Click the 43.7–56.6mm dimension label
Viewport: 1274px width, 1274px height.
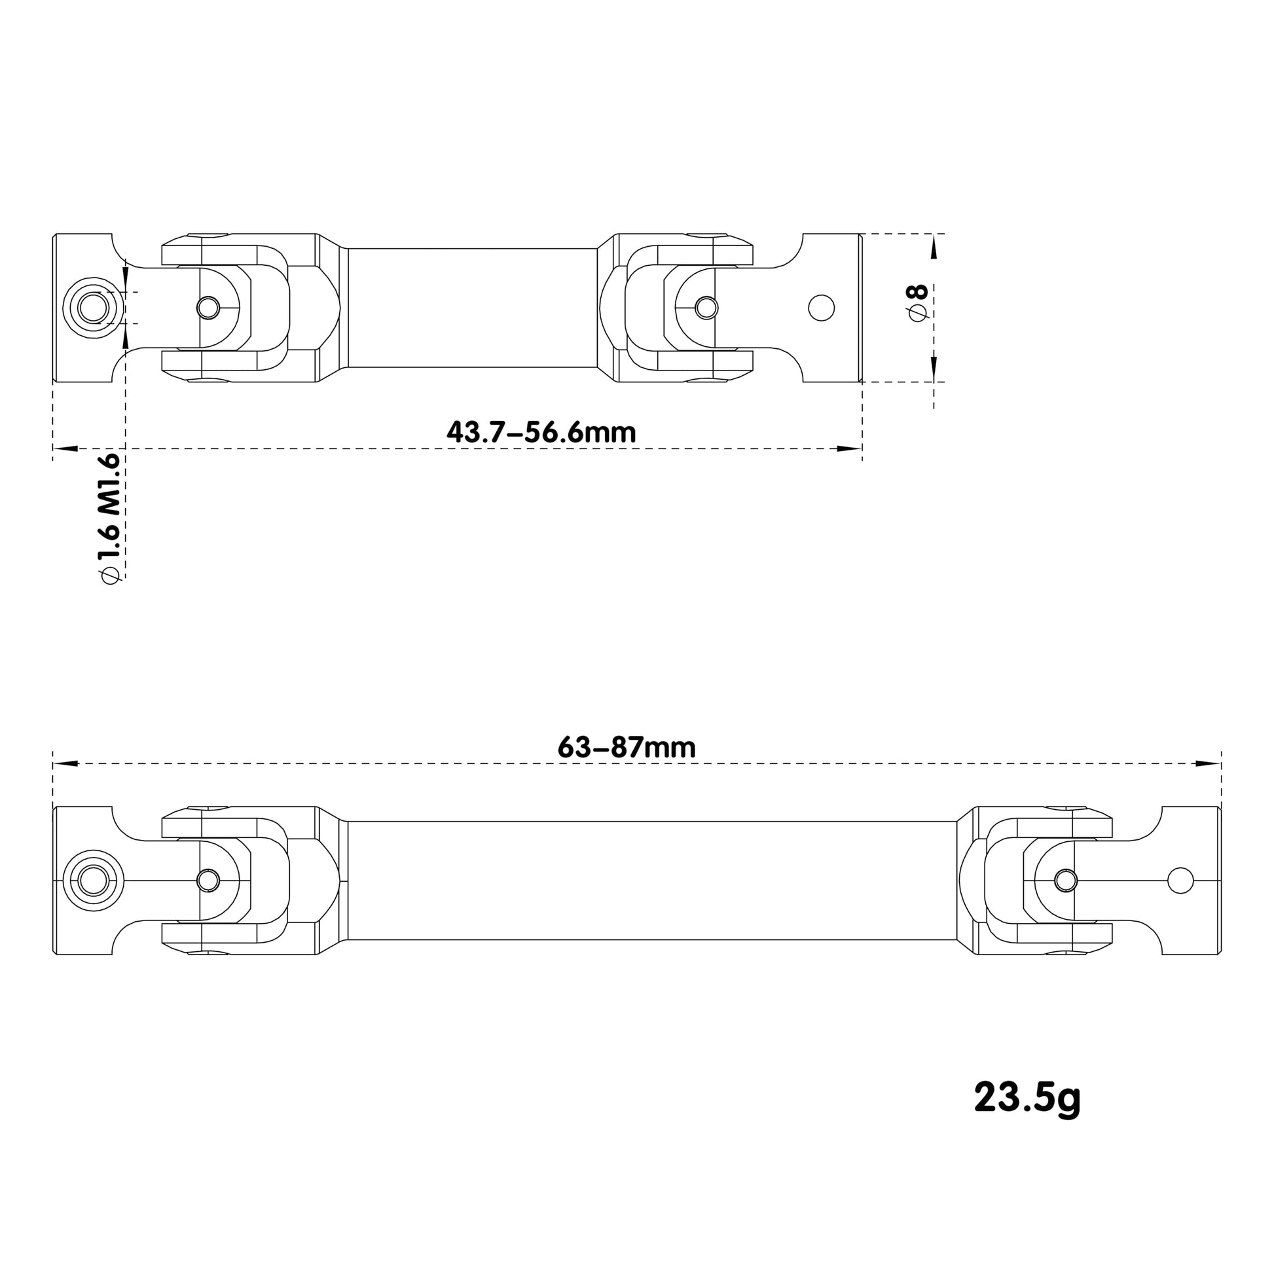point(541,433)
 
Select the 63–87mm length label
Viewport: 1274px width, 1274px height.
point(627,747)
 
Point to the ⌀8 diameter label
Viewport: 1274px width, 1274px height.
point(919,303)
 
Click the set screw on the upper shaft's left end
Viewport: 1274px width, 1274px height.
point(93,308)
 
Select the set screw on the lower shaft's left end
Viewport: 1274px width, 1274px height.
point(93,881)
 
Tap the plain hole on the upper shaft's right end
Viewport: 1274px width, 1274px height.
point(822,308)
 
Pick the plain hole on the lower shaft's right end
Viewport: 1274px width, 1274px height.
point(1180,881)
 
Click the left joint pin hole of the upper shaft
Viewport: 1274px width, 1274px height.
point(208,307)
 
